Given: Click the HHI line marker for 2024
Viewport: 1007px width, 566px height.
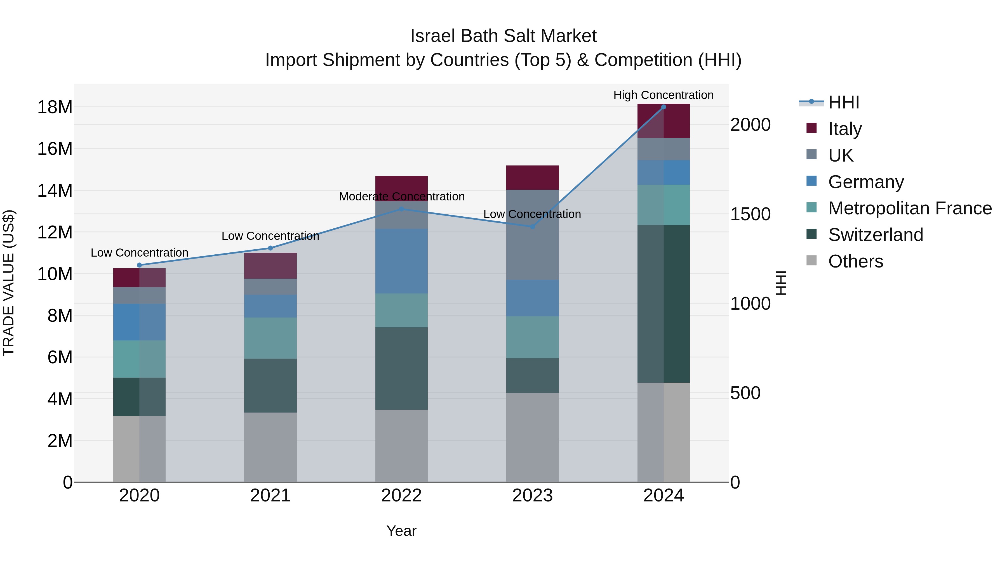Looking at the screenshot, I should point(664,107).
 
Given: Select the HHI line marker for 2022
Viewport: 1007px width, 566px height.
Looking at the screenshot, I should point(401,209).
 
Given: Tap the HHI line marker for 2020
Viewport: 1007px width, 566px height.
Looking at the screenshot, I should point(140,265).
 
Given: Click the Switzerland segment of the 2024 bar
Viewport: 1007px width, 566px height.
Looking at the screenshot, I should point(664,304).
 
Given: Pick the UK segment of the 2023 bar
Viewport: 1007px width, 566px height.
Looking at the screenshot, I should point(532,235).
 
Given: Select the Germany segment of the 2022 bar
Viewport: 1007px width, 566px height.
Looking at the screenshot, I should point(401,261).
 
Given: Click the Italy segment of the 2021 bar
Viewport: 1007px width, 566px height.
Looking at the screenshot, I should point(270,266).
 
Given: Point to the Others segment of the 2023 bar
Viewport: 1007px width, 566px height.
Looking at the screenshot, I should point(532,437).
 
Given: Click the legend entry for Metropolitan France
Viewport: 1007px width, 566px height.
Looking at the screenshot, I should point(910,208).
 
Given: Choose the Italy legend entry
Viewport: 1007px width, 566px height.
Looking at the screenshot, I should point(845,129).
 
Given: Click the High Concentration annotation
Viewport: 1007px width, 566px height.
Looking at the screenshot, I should point(664,95).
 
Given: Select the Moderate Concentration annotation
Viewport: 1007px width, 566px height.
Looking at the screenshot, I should point(401,196).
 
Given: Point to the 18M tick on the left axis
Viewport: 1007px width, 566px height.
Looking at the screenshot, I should point(55,107).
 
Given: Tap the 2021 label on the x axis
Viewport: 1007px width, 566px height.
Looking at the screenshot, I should point(270,496).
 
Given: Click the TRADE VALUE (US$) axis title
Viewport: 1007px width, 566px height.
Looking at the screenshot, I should point(9,283).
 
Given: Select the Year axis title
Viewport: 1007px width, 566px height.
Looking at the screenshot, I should point(401,531).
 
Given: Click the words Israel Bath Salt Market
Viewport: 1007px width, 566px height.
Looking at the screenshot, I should point(503,36).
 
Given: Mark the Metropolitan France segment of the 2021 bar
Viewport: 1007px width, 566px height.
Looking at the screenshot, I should point(270,338).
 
